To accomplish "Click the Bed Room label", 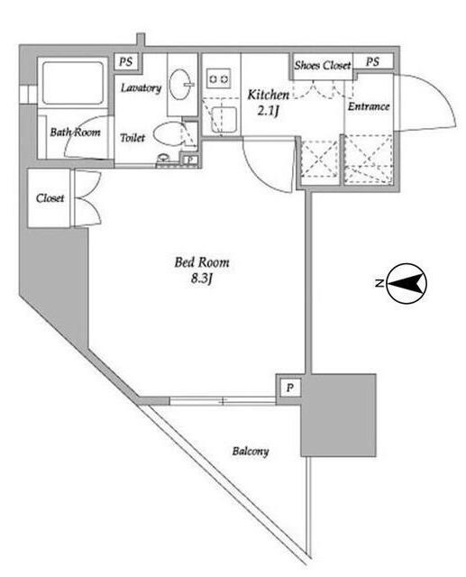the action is click(x=202, y=262).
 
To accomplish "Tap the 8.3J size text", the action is click(x=202, y=279).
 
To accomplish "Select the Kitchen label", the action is click(x=268, y=95).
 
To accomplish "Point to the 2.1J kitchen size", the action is click(x=268, y=110).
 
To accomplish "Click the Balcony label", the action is click(x=251, y=451).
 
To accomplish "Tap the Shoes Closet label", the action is click(x=322, y=66).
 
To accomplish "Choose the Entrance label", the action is click(x=369, y=106).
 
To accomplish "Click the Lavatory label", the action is click(x=142, y=88).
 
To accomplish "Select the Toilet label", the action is click(x=132, y=138).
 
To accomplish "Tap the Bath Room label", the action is click(x=75, y=133).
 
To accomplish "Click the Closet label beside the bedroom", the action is click(x=50, y=198).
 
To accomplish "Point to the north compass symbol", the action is click(x=406, y=283).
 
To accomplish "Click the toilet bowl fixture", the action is click(x=168, y=134).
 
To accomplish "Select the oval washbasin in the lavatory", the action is click(x=180, y=84).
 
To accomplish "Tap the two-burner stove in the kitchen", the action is click(x=218, y=78).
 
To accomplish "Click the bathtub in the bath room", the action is click(x=73, y=83).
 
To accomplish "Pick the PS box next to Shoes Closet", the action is click(x=373, y=61).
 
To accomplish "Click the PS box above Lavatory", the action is click(x=126, y=61).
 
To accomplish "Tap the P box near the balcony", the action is click(x=290, y=388).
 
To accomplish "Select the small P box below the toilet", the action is click(x=190, y=160).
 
